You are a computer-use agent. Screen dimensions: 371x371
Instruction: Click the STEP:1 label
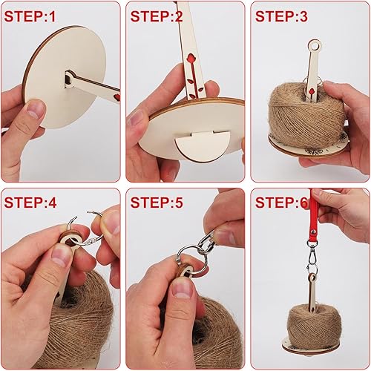[30, 16]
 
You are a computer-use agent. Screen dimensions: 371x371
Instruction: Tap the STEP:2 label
[157, 16]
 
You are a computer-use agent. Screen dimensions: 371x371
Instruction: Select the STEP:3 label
[281, 16]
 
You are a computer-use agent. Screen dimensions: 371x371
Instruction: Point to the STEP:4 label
[30, 203]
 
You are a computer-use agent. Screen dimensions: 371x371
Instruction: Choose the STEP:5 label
[157, 203]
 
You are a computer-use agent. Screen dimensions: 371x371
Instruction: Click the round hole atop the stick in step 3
[315, 46]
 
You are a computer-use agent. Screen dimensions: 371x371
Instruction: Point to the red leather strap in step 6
[314, 217]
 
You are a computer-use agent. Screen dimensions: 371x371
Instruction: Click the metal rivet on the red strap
[314, 232]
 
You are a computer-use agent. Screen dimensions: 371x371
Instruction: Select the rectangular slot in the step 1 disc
[68, 80]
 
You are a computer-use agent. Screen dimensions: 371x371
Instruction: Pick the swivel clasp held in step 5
[206, 241]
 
